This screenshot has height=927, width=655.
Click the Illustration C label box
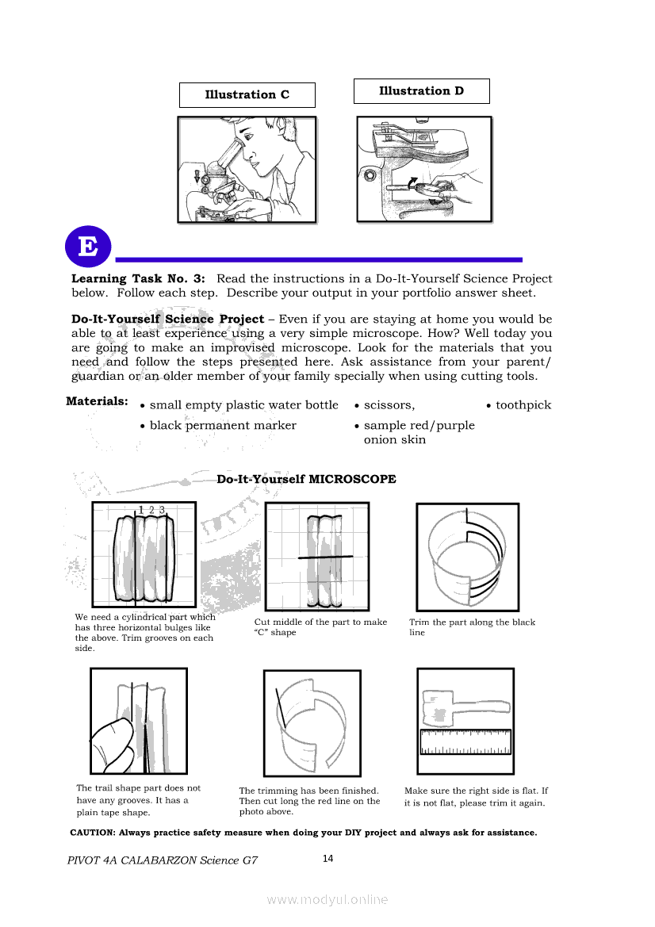pyautogui.click(x=247, y=95)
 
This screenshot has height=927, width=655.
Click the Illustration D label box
pyautogui.click(x=421, y=91)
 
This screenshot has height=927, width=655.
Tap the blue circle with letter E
pyautogui.click(x=88, y=247)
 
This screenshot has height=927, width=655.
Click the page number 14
pyautogui.click(x=328, y=858)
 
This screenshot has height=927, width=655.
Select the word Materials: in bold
pyautogui.click(x=97, y=401)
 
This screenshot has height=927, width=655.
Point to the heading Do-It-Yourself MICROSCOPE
pyautogui.click(x=306, y=480)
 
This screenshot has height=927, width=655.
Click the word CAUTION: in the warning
pyautogui.click(x=93, y=833)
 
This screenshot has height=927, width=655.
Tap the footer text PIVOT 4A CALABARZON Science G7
pyautogui.click(x=163, y=860)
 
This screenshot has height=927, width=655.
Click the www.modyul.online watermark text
pyautogui.click(x=327, y=899)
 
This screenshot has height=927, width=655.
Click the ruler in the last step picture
pyautogui.click(x=465, y=742)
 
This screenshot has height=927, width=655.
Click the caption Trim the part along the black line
pyautogui.click(x=472, y=627)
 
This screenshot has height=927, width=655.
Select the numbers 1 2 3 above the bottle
pyautogui.click(x=151, y=510)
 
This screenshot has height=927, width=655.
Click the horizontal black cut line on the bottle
pyautogui.click(x=325, y=558)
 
